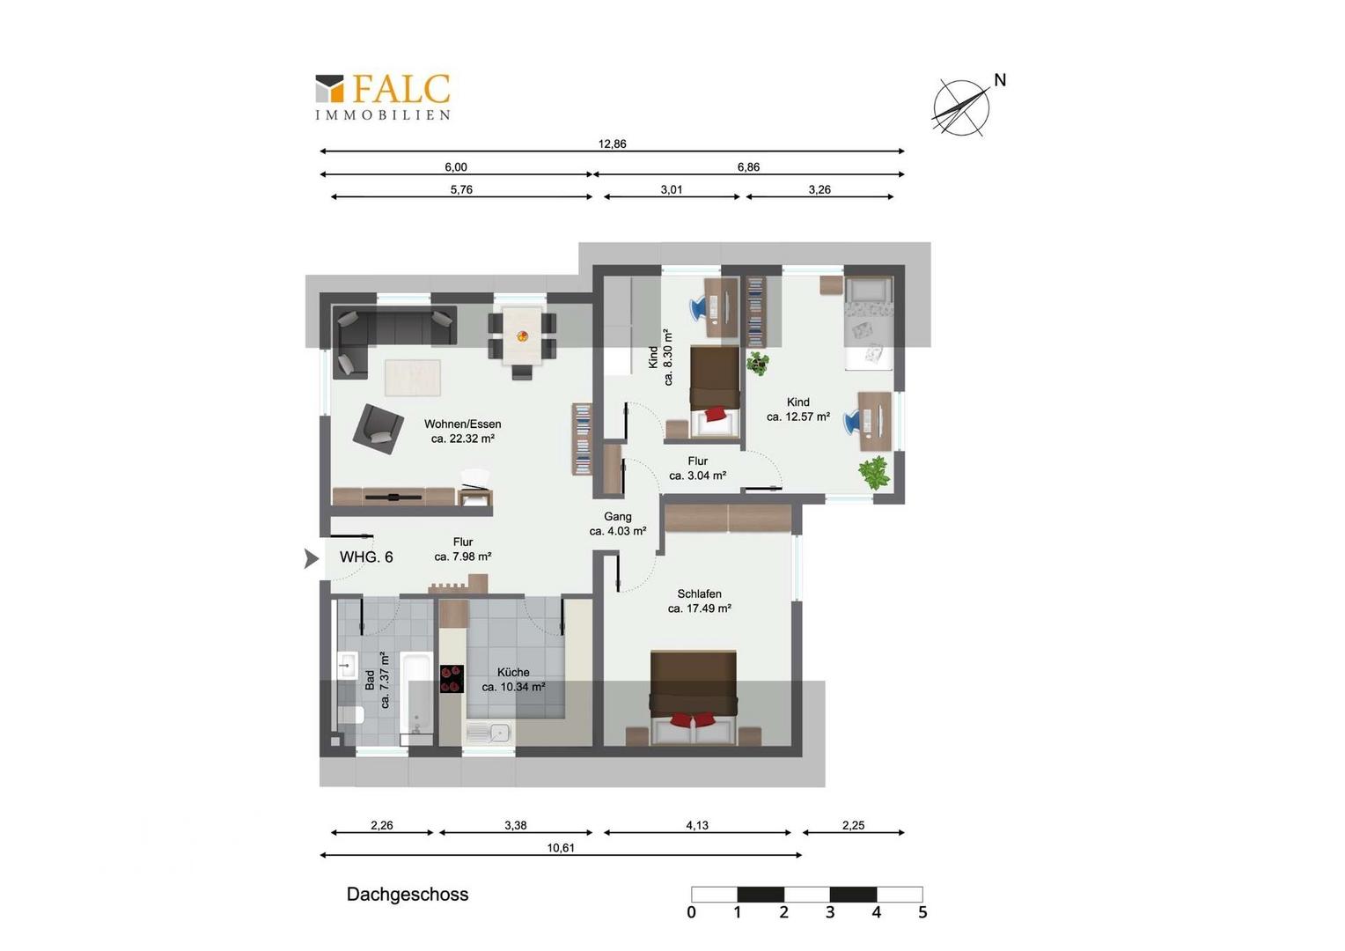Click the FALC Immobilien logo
[383, 97]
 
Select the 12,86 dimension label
[612, 144]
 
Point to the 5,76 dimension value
[461, 189]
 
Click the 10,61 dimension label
[560, 848]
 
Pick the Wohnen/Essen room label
[462, 431]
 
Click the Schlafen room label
[699, 601]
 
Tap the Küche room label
[513, 679]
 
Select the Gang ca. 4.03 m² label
[617, 523]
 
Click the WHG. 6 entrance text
[366, 557]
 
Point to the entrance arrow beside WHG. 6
[311, 558]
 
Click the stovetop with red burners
[452, 678]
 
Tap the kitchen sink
[489, 733]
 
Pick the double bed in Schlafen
[694, 697]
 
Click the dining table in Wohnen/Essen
[522, 335]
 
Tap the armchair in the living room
[378, 428]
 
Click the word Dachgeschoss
[407, 894]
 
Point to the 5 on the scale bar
[922, 912]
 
